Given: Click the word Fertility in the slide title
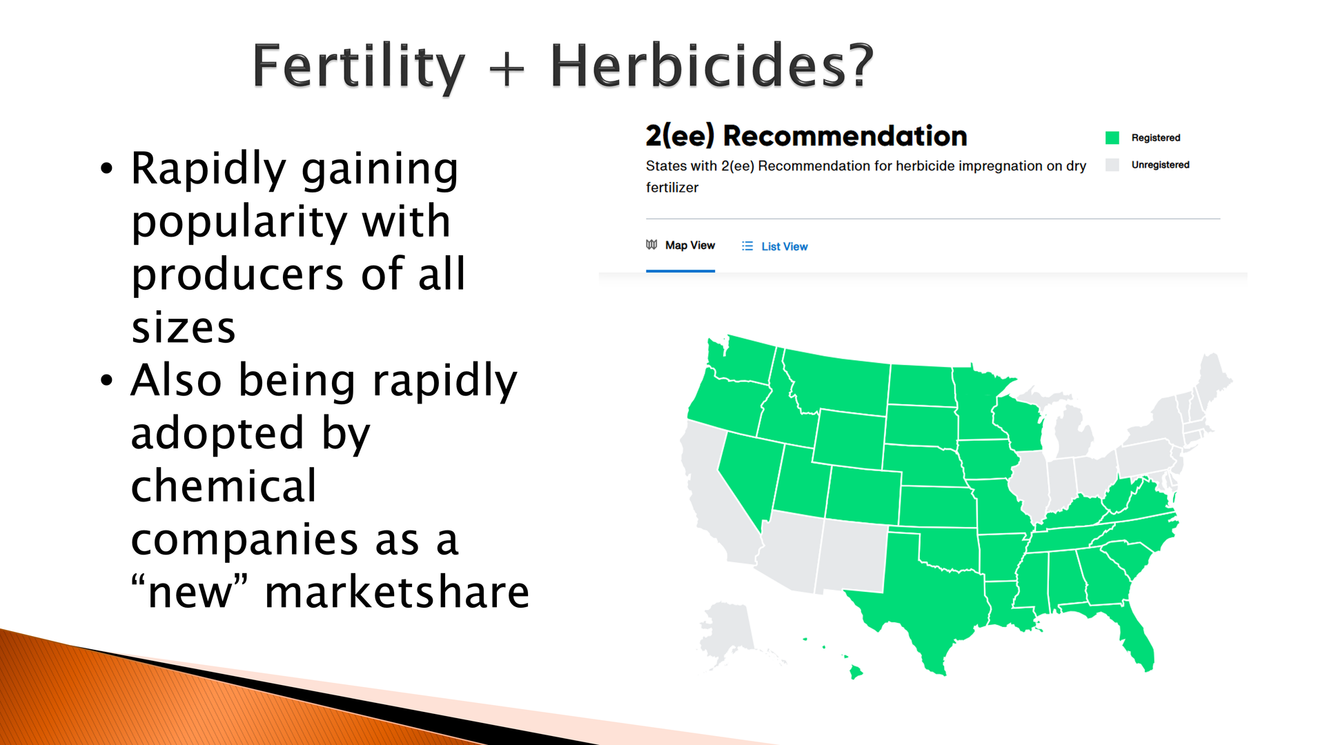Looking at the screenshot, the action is pos(358,68).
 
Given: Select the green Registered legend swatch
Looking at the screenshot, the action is pos(1112,138).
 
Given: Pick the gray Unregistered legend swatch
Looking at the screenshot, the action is pos(1112,165).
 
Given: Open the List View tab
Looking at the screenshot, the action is pos(774,246).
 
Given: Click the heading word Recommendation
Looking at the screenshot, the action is pos(845,136).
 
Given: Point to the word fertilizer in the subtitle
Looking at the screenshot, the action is pos(672,188).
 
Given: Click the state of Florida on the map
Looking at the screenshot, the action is pos(1125,631).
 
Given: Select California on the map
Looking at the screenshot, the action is pos(718,504).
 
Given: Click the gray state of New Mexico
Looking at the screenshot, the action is pos(852,555).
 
